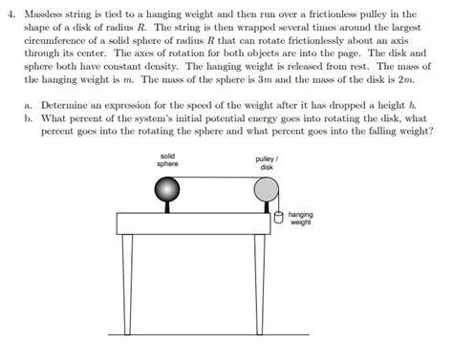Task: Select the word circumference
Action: point(56,43)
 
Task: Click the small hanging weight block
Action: point(279,217)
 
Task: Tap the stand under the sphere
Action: point(168,206)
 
